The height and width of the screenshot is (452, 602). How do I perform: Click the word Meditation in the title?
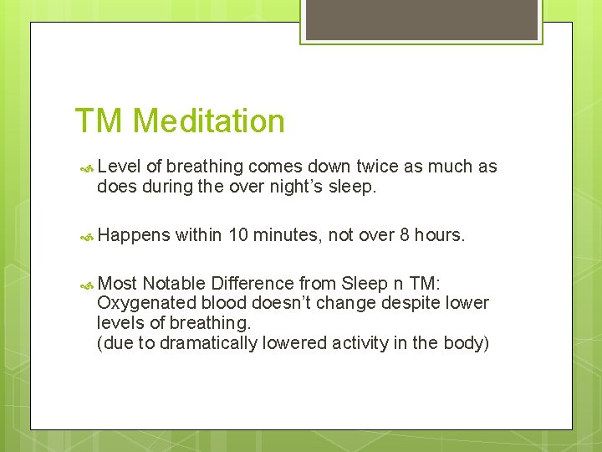coord(208,121)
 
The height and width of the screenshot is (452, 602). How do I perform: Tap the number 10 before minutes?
coord(238,235)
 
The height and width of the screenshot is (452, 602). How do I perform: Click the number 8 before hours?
coord(405,235)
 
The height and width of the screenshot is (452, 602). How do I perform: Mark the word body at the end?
coord(468,342)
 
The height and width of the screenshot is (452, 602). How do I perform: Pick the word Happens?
coord(134,236)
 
